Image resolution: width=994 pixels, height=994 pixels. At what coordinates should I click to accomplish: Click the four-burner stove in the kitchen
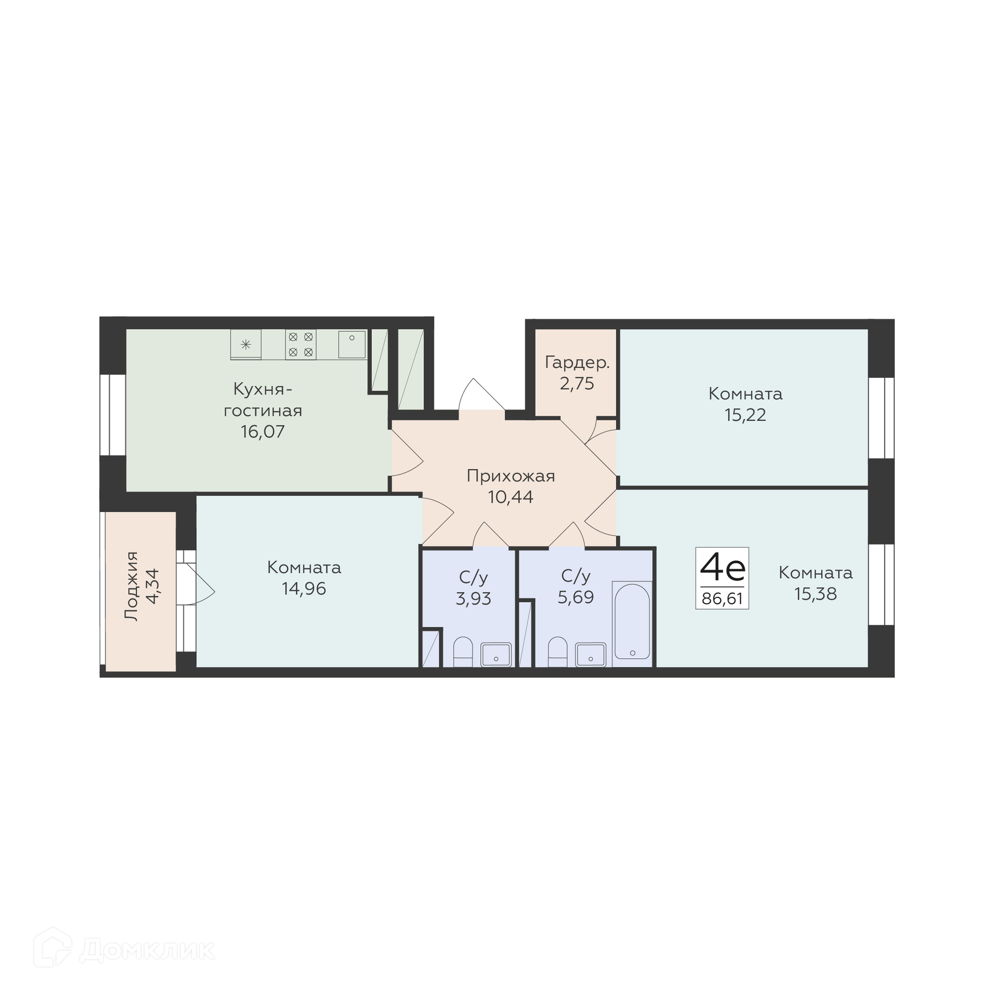click(x=300, y=345)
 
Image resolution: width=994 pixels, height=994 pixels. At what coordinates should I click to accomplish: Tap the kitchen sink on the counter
click(x=352, y=344)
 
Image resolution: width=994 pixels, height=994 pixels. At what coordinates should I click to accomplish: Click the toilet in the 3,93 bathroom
click(x=463, y=652)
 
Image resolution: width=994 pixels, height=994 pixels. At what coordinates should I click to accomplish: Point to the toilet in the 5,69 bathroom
click(x=558, y=652)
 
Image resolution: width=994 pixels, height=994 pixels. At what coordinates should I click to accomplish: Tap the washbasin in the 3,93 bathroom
click(x=496, y=654)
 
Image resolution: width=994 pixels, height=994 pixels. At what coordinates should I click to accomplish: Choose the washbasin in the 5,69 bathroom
click(x=591, y=654)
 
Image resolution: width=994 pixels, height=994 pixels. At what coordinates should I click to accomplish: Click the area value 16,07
click(x=262, y=432)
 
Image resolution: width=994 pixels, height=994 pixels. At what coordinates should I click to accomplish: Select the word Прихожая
click(x=510, y=476)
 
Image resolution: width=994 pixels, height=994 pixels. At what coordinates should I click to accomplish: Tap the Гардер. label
click(x=577, y=362)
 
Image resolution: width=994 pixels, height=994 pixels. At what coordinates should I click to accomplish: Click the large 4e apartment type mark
click(x=722, y=567)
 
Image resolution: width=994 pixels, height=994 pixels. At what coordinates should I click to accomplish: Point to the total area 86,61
click(x=722, y=599)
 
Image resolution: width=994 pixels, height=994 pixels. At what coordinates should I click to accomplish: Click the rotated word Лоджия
click(x=132, y=586)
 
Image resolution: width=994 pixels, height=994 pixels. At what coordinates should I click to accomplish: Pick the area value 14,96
click(x=304, y=589)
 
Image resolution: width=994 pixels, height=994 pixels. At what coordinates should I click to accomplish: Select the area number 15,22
click(x=745, y=415)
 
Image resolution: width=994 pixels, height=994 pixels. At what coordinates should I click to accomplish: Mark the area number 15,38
click(x=815, y=594)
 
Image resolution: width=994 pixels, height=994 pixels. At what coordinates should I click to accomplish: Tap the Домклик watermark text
click(x=148, y=950)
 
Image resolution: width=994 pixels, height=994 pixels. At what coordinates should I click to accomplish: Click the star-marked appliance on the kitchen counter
click(x=246, y=345)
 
